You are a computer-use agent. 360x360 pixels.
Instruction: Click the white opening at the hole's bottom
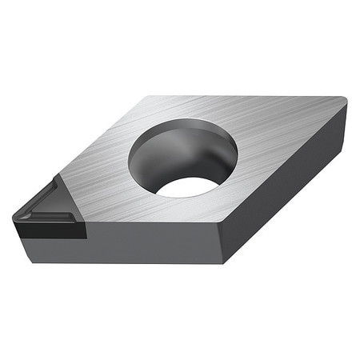point(187,186)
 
